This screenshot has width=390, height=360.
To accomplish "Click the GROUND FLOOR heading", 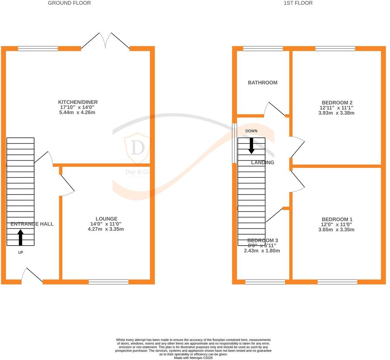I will point(69,3).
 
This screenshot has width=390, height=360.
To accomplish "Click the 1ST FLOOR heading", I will point(298,3).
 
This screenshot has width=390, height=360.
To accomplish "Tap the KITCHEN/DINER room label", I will point(78,102).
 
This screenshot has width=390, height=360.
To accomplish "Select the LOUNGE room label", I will point(106,219).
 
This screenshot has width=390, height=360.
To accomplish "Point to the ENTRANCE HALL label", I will point(32,224).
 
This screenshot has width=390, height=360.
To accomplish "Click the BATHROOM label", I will point(263,83).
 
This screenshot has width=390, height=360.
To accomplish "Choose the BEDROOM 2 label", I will point(337,103).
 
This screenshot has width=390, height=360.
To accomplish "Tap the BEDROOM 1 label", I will point(337,220).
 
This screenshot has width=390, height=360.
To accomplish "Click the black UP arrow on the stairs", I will point(21,237).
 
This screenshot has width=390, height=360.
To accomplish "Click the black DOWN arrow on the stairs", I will point(251,146).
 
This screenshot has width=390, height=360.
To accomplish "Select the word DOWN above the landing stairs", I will point(251,131).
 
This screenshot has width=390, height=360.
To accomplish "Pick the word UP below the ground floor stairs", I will point(21,252).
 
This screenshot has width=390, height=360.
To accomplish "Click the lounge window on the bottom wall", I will point(109,282).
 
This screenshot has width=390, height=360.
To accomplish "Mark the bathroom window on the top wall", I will point(263,49).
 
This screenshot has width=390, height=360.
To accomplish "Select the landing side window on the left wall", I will point(235,143).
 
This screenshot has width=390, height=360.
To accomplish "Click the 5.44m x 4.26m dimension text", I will point(77,112).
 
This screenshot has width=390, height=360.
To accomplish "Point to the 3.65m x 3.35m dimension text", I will point(336,230).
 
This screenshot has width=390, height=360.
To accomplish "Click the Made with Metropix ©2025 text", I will point(193,358).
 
